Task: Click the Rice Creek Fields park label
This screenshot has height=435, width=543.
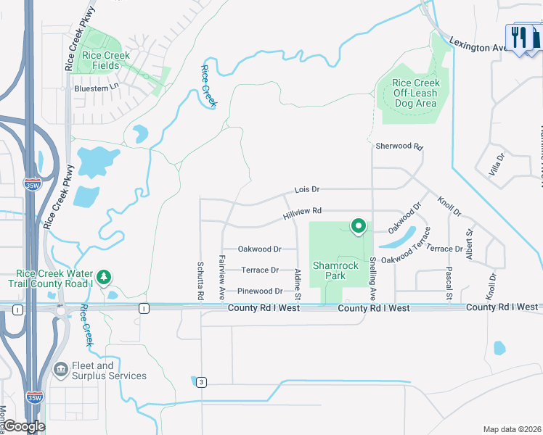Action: (x=106, y=60)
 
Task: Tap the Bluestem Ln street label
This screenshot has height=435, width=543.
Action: (x=96, y=88)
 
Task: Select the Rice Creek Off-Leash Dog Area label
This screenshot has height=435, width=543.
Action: (x=416, y=93)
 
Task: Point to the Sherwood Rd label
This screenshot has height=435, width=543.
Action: (x=399, y=146)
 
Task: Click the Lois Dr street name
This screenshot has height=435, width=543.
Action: (x=307, y=189)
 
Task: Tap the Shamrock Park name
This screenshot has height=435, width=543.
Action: (x=335, y=270)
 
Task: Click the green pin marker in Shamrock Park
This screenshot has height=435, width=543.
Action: (x=358, y=226)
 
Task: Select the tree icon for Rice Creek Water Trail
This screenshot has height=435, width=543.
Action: (x=105, y=276)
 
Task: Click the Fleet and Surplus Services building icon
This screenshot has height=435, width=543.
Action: (x=61, y=370)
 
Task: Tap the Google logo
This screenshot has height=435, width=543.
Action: (x=23, y=426)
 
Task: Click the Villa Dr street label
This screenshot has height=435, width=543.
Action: (x=497, y=166)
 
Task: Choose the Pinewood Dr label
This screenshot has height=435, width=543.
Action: (x=260, y=291)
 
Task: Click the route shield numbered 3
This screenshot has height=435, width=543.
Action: (x=200, y=381)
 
